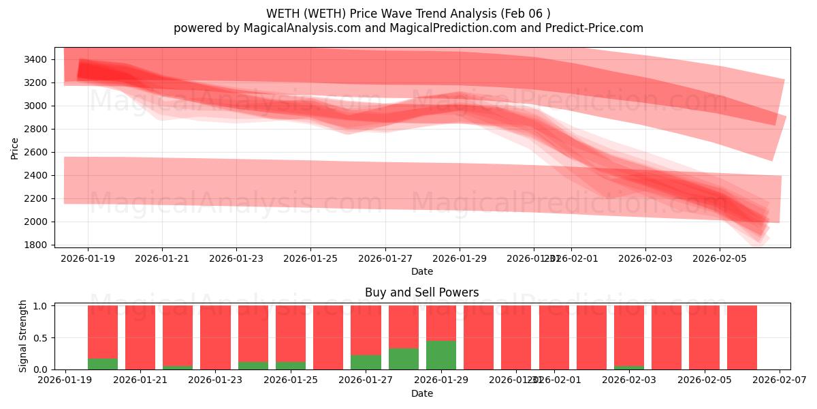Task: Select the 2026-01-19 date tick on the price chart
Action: [87, 258]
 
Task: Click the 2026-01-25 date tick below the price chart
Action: [310, 258]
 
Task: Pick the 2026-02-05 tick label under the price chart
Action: [720, 258]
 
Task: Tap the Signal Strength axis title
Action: [23, 335]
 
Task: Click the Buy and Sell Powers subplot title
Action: [421, 292]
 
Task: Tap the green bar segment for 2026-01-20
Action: [103, 364]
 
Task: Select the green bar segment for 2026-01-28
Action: [404, 359]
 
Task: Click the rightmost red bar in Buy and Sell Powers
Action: [741, 337]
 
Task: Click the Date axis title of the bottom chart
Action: [421, 393]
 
